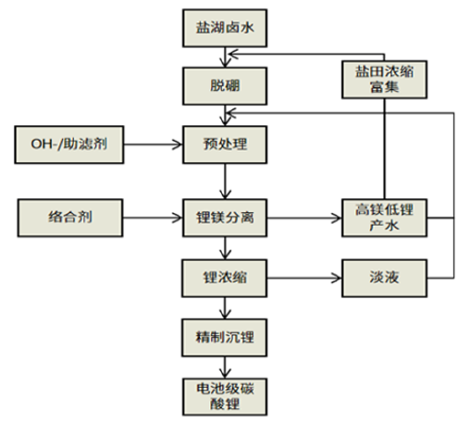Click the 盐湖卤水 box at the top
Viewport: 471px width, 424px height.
225,28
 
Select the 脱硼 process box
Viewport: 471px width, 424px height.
225,86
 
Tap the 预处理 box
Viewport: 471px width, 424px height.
225,144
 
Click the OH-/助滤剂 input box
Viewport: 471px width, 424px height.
69,144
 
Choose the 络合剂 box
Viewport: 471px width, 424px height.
70,218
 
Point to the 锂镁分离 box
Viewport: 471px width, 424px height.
225,218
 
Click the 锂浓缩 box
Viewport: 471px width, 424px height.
225,278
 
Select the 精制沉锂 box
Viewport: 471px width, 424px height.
225,338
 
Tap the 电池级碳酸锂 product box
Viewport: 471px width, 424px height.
225,396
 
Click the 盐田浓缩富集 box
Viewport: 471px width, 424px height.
384,80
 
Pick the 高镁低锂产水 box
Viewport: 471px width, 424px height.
384,218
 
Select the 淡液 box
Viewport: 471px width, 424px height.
384,278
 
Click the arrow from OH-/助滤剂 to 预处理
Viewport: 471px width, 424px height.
153,144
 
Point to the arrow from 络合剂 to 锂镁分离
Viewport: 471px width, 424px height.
153,218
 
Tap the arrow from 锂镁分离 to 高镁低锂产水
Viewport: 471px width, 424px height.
304,218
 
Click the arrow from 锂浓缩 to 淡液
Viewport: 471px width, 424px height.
304,278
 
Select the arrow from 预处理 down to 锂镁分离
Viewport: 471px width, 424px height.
225,181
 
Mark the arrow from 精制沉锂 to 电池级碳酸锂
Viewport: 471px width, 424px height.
225,368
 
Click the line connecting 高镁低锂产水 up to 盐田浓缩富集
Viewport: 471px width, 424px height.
384,149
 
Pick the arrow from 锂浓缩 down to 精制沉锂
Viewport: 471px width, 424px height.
225,308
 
